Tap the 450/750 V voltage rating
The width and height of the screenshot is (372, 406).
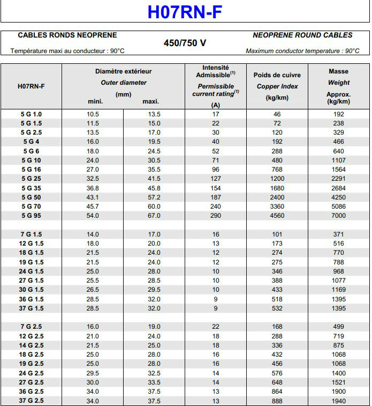[x=185, y=43]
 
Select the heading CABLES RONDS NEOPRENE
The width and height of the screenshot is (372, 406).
[x=67, y=35]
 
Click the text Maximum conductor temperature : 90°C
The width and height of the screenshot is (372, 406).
[x=302, y=51]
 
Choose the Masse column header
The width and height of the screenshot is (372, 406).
[x=338, y=71]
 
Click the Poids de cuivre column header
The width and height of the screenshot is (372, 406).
[x=277, y=75]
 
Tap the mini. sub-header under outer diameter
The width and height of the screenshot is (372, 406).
[x=95, y=102]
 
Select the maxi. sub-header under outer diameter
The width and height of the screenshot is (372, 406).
[x=151, y=102]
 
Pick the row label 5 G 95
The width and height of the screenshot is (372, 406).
[x=31, y=216]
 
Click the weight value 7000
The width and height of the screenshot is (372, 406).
[x=338, y=216]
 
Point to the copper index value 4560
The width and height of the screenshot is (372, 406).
[x=277, y=216]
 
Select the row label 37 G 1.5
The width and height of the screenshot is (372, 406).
[x=31, y=308]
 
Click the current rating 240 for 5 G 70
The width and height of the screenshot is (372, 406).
[x=216, y=206]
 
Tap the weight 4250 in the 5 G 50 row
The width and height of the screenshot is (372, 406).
[x=338, y=197]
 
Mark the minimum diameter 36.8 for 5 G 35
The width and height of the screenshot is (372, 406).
[x=93, y=188]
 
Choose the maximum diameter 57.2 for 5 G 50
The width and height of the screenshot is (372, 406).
[x=154, y=197]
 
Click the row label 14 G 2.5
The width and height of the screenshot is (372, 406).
[x=31, y=345]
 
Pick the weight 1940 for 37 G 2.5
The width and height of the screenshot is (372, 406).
[x=338, y=401]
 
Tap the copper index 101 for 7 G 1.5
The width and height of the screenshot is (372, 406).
[x=277, y=234]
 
